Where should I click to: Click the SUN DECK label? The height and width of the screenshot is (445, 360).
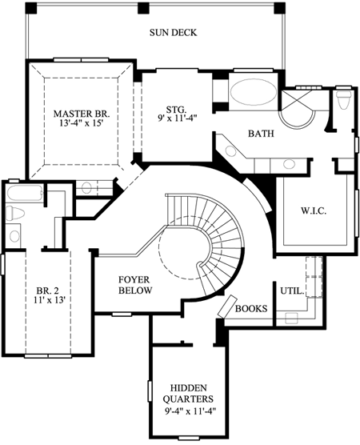point(173,33)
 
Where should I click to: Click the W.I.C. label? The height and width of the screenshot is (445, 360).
point(313,212)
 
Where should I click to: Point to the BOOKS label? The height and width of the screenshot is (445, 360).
point(253,307)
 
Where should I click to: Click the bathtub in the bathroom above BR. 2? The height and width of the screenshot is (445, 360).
point(22,194)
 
